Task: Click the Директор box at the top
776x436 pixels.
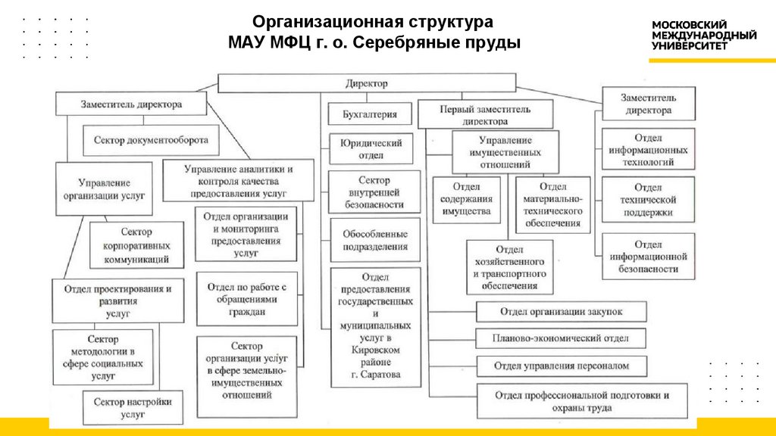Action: pos(367,83)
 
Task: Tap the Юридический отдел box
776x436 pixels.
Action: pos(371,149)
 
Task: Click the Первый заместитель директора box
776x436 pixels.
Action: pos(485,114)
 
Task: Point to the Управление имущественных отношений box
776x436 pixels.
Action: pos(505,151)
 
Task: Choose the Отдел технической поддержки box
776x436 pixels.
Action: pos(648,200)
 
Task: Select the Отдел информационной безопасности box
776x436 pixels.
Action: pos(648,257)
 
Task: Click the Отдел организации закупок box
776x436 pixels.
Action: pos(562,312)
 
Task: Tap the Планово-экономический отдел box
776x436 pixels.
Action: pos(562,338)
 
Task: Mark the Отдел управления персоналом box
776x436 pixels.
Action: pos(562,366)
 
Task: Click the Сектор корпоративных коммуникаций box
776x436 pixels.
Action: pos(136,245)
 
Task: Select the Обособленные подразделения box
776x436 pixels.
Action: pos(375,240)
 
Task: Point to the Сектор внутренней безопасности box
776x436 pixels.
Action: pos(375,192)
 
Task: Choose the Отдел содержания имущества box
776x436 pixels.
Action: pos(467,200)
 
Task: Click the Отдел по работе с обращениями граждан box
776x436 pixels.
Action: pos(246,299)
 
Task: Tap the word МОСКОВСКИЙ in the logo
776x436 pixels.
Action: pos(690,25)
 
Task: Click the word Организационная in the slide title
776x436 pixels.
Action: pos(317,21)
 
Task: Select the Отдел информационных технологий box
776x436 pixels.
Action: pos(648,150)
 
